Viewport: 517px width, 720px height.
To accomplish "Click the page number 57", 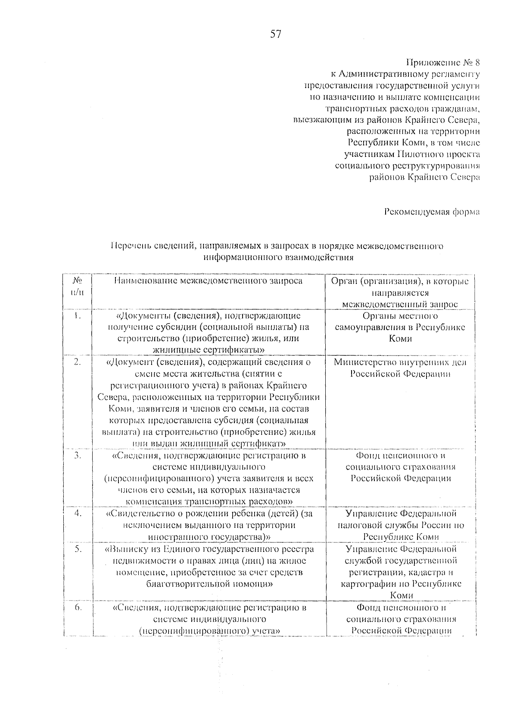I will pos(275,34).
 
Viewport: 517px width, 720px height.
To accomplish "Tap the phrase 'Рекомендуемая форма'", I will pos(432,212).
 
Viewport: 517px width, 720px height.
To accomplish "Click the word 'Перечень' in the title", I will pos(131,246).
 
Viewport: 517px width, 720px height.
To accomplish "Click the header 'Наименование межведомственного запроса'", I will pos(209,281).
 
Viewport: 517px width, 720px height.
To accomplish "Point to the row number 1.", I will pos(77,316).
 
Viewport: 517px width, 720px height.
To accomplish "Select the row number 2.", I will pos(77,363).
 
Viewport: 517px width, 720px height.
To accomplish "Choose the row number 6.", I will pos(77,608).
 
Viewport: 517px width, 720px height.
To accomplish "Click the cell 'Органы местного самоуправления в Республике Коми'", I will pos(400,327).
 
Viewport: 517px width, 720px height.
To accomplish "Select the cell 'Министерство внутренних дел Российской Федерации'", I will pos(400,368).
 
